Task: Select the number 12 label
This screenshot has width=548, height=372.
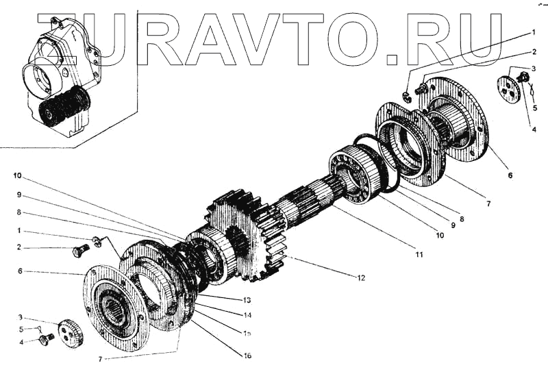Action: click(x=361, y=277)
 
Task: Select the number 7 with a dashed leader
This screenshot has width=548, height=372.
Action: click(x=102, y=359)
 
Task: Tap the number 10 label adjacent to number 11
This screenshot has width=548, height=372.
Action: click(x=438, y=235)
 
